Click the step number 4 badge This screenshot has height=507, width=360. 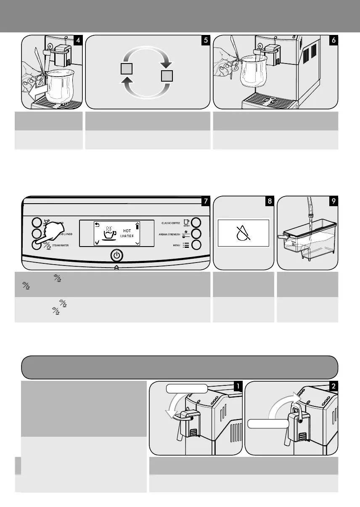click(x=78, y=40)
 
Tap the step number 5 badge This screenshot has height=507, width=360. click(x=205, y=40)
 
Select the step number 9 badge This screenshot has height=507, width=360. click(x=333, y=202)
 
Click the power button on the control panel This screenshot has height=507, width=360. click(x=116, y=255)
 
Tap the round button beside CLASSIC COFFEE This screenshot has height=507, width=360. click(x=196, y=223)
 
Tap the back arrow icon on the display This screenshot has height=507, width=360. click(x=97, y=224)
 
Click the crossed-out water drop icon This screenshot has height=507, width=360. click(x=243, y=232)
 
